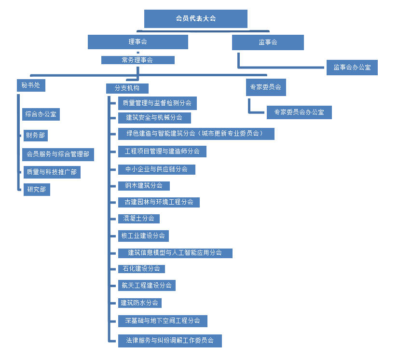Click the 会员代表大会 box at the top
point(196,19)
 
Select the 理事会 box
point(138,42)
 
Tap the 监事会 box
point(268,42)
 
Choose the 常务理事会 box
point(138,60)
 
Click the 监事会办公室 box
point(352,68)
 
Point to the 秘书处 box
point(31,85)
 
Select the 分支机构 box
point(127,88)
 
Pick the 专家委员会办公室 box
point(299,112)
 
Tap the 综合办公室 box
point(41,114)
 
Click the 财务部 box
point(36,136)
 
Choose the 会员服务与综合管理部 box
point(58,154)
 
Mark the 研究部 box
point(37,190)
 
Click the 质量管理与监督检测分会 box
point(157,103)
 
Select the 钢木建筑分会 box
point(144,186)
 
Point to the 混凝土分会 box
point(139,219)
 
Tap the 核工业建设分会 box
point(143,236)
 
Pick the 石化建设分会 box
point(142,269)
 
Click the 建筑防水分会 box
point(140,303)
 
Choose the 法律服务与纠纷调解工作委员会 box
point(170,341)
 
